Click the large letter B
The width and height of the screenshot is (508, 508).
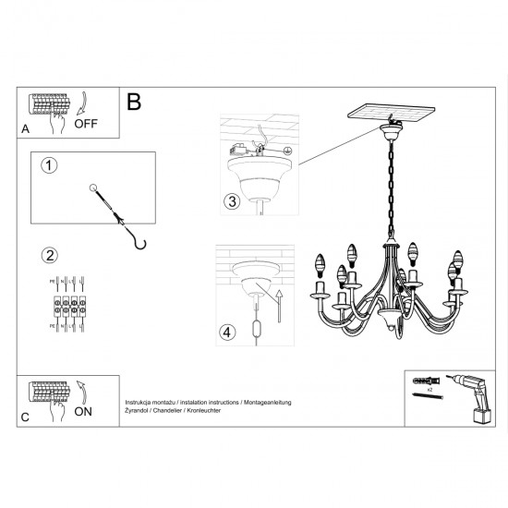point(134,102)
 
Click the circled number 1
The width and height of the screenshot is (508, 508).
point(50,165)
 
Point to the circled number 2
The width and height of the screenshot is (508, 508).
point(50,253)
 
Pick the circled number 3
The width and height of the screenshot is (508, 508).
point(233,200)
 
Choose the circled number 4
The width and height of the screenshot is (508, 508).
point(228,331)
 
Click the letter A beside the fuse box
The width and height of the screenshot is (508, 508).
point(25,131)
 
